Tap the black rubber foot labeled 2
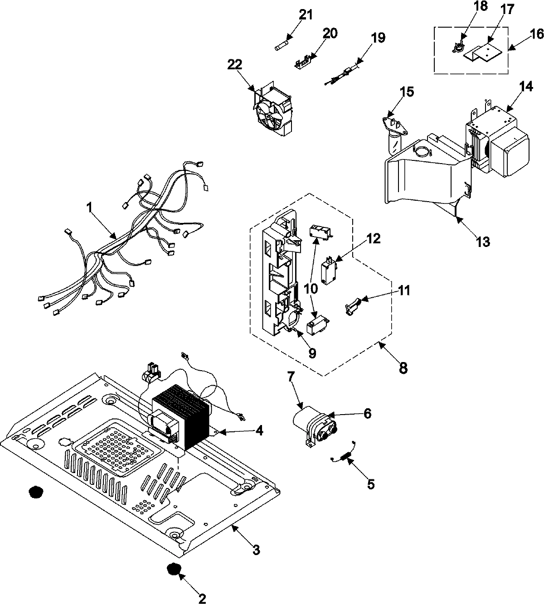(172, 570)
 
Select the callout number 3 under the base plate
(256, 550)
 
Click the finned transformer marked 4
(181, 417)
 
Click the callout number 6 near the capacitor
(367, 413)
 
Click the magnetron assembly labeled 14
(499, 136)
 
